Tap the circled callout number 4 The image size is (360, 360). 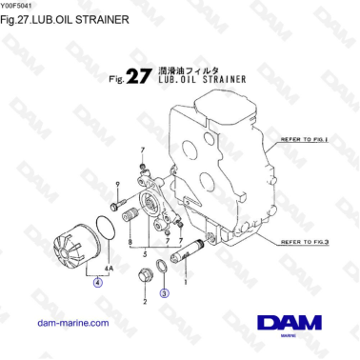[96, 282]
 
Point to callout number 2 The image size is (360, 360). [145, 301]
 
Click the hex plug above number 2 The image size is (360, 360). [146, 277]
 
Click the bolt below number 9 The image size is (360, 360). [116, 204]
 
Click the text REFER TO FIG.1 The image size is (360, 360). [304, 139]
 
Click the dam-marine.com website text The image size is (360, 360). [70, 324]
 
